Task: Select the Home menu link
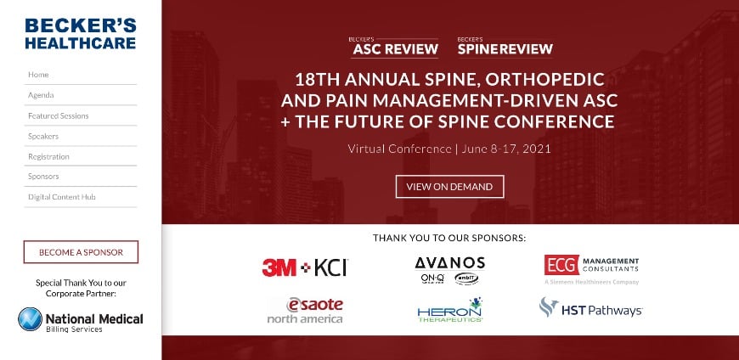coord(38,75)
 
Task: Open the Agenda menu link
coord(41,95)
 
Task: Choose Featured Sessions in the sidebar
coord(58,115)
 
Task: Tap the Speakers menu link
coord(43,136)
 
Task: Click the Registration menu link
coord(48,156)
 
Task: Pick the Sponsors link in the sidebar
coord(43,177)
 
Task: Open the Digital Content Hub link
coord(61,197)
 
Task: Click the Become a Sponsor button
coord(81,252)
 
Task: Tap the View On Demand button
coord(449,187)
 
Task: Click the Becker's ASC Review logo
coord(395,46)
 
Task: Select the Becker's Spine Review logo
coord(505,46)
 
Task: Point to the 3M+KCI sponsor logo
coord(305,267)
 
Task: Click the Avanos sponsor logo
coord(449,269)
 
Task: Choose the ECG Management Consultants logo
coord(591,267)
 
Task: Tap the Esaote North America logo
coord(305,310)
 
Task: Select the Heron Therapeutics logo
coord(449,310)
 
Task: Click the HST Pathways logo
coord(591,309)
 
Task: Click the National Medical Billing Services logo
coord(81,320)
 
